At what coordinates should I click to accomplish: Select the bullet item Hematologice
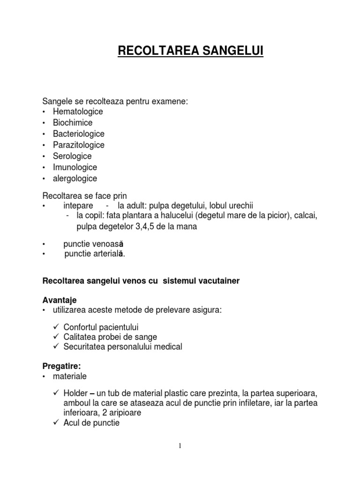78,112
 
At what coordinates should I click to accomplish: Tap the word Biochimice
73,123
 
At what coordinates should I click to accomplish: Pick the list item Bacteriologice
78,134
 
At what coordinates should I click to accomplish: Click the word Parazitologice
78,145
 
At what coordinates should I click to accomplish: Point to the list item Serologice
72,156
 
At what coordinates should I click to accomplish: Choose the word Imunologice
75,167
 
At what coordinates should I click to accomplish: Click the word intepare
78,206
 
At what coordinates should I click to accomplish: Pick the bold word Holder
76,393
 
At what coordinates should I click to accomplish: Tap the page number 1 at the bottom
180,445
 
